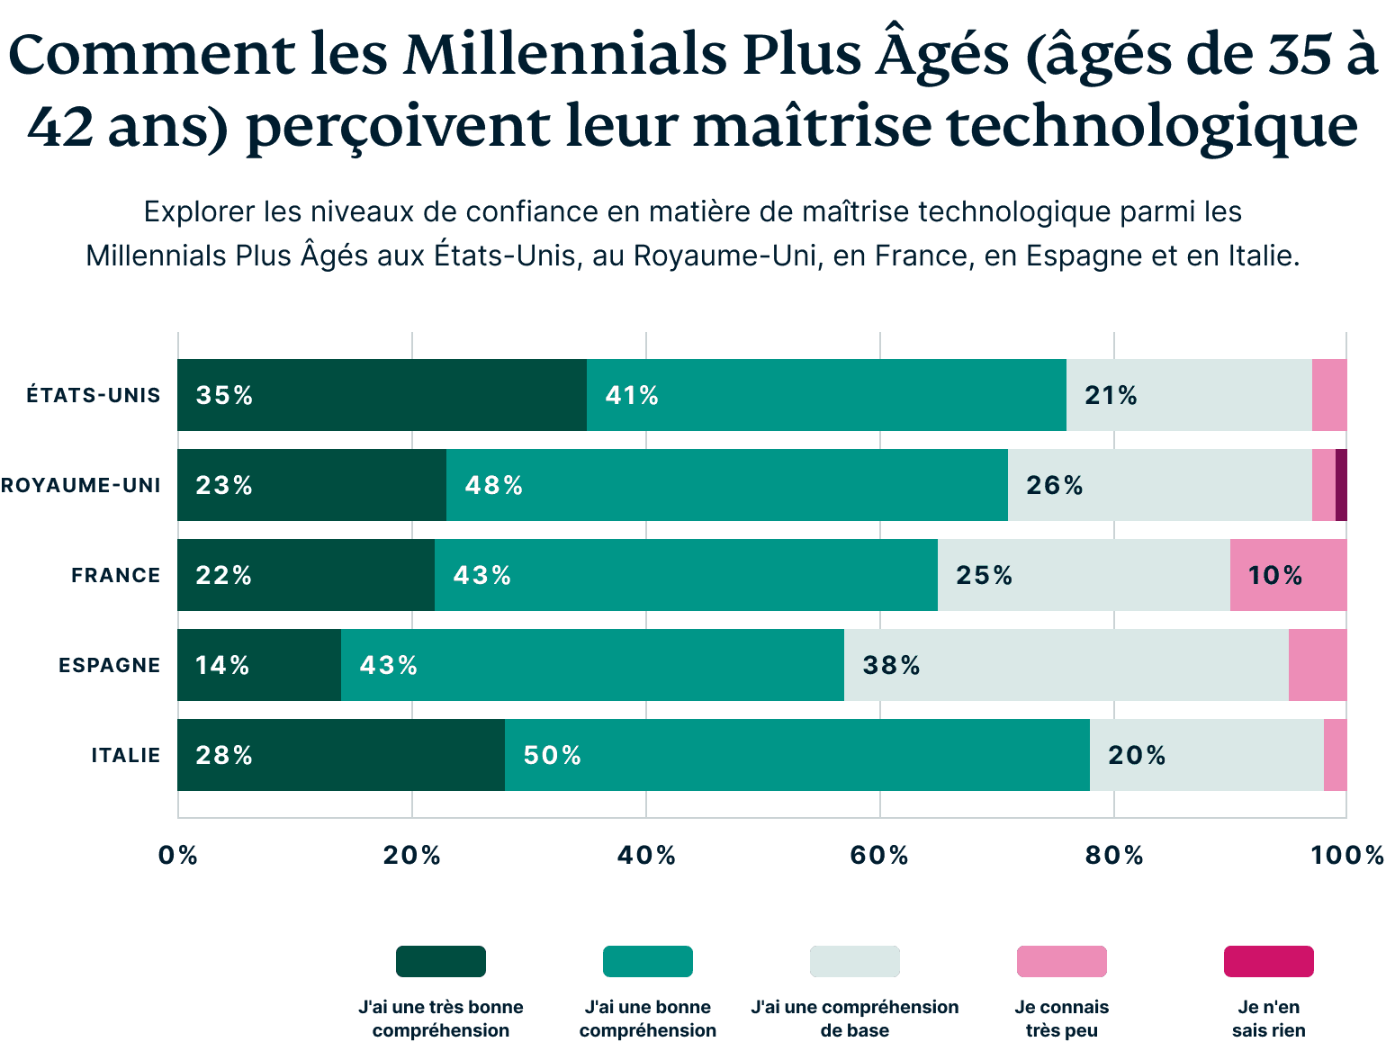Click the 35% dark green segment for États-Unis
click(382, 395)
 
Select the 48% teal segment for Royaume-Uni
click(726, 485)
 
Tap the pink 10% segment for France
click(1288, 575)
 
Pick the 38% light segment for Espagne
click(1066, 665)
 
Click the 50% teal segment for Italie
click(796, 755)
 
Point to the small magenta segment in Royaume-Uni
click(1341, 485)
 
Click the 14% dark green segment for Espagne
click(259, 665)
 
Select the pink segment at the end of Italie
click(1336, 755)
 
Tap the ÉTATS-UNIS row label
click(93, 395)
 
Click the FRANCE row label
click(115, 575)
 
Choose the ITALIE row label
click(125, 755)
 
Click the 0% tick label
click(178, 855)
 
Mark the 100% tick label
click(1346, 855)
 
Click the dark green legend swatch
click(441, 961)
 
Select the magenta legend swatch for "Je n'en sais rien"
click(1268, 961)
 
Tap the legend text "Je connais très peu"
click(1061, 1019)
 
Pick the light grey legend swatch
click(854, 961)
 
